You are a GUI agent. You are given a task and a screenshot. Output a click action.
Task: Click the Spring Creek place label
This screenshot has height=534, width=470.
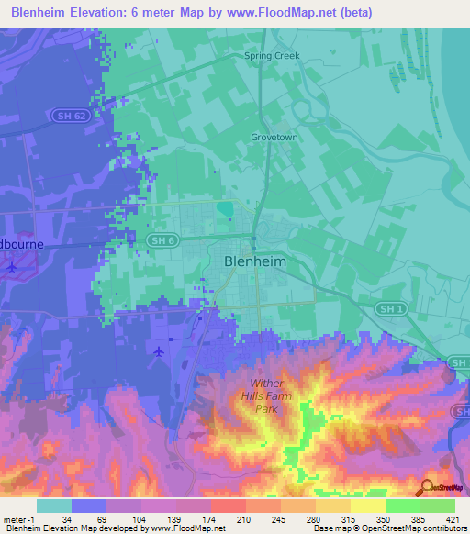[x=272, y=56]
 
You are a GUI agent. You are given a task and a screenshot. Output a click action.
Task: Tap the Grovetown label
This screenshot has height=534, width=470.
[x=274, y=137]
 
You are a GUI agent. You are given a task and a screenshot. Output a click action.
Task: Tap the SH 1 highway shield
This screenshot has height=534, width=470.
[x=387, y=308]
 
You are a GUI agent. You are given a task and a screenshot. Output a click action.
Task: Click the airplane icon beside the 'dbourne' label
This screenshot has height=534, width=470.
[x=10, y=268]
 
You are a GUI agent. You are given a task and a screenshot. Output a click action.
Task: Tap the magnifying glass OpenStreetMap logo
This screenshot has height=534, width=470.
[x=425, y=487]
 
